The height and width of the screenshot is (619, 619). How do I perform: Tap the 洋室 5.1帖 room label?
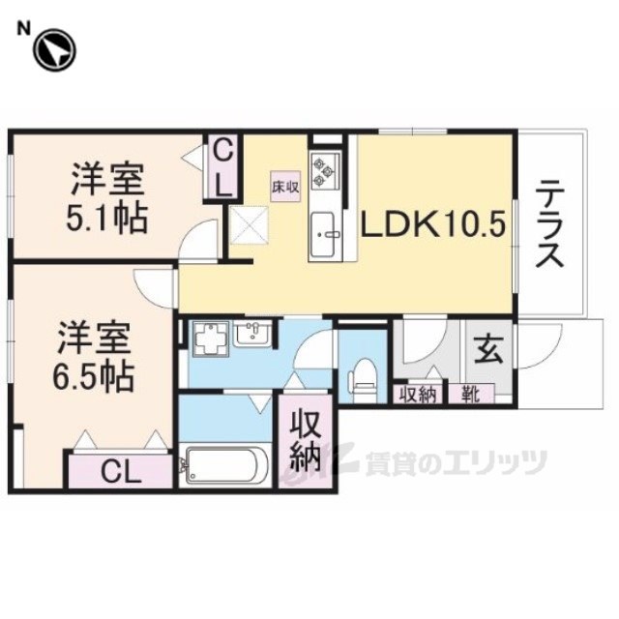(107, 199)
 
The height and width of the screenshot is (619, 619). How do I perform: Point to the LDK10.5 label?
(433, 224)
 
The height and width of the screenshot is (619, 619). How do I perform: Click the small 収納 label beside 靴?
(418, 394)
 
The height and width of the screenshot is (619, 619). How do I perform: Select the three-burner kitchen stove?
(323, 170)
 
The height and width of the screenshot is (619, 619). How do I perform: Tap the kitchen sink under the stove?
(322, 233)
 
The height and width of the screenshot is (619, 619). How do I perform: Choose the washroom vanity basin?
(255, 336)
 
